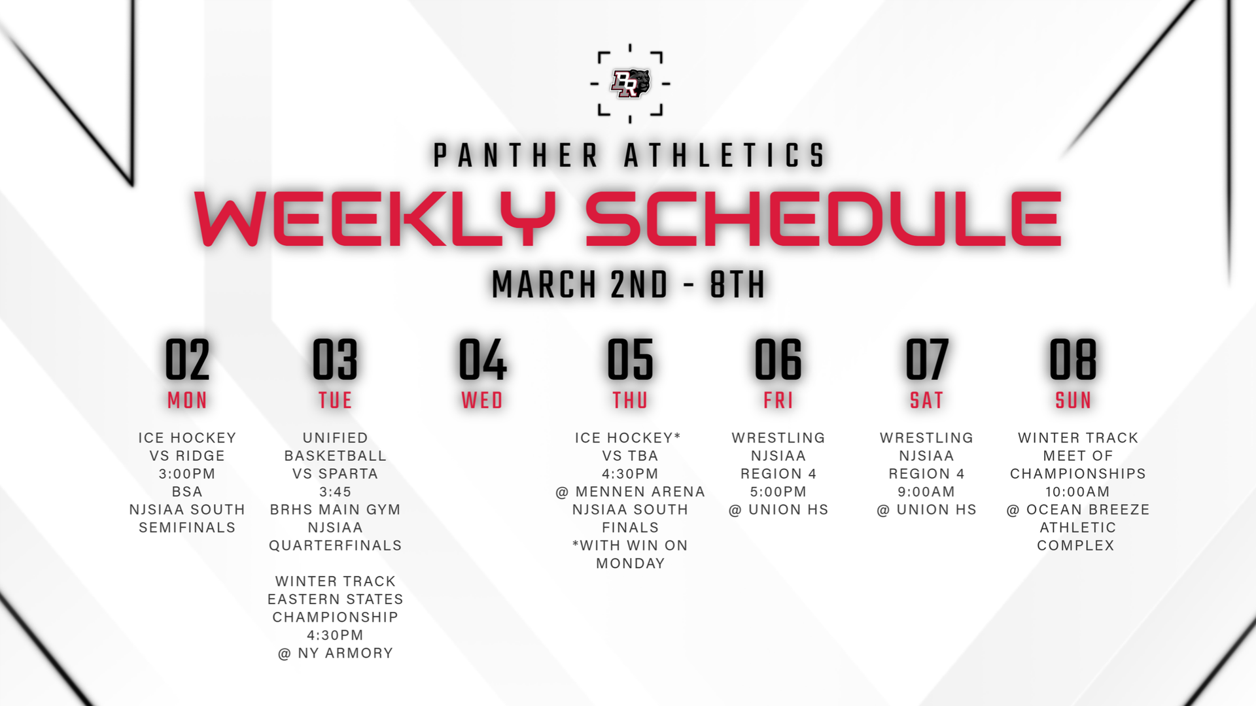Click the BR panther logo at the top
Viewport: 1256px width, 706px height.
[x=630, y=83]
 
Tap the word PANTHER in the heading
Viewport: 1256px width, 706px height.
[x=516, y=156]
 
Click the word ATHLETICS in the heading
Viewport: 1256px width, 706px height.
[x=725, y=156]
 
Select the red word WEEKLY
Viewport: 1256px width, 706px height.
[x=375, y=218]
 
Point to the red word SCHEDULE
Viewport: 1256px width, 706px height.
[x=823, y=218]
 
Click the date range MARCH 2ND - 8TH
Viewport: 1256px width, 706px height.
[x=629, y=284]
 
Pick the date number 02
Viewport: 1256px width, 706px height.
[x=187, y=359]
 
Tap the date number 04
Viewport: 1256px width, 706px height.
[x=483, y=359]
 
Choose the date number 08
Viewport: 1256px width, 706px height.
[x=1073, y=359]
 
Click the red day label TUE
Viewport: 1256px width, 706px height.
[x=335, y=400]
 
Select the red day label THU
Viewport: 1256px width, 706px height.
[x=630, y=400]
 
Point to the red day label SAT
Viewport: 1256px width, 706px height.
[x=926, y=400]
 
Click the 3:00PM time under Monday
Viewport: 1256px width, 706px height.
[x=187, y=473]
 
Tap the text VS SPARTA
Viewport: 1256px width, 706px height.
[x=335, y=473]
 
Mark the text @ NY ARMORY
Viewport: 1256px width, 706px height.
[x=335, y=653]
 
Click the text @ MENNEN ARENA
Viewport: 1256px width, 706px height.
[x=630, y=492]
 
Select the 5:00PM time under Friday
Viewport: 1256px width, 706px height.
[x=778, y=492]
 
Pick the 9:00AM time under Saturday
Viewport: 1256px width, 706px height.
[x=926, y=492]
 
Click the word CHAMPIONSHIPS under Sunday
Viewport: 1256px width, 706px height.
[x=1077, y=473]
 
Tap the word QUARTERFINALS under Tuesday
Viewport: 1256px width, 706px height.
[x=335, y=545]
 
